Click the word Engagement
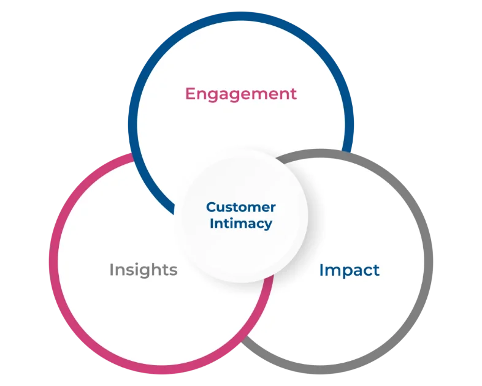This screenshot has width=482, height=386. point(241,94)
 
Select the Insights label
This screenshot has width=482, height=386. point(143,270)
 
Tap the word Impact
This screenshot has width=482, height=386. point(349,270)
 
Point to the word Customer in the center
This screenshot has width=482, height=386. point(240,207)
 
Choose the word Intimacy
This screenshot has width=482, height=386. point(240,223)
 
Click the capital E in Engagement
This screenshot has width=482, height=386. point(190,94)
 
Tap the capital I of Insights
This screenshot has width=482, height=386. point(112,270)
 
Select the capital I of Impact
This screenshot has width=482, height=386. point(321,270)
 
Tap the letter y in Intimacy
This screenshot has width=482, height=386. point(268,225)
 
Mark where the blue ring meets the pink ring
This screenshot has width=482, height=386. point(136,156)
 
